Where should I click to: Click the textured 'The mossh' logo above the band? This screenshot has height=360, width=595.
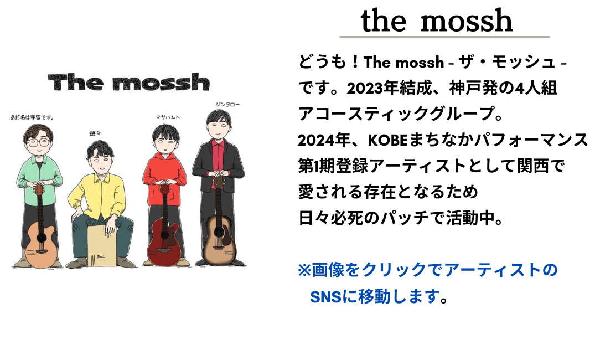click(x=129, y=82)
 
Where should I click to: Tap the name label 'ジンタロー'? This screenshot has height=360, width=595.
click(x=227, y=105)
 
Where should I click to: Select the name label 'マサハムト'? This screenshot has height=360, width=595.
click(x=167, y=117)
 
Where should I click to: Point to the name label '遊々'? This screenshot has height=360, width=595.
click(x=95, y=133)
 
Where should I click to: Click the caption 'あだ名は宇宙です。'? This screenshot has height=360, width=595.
click(x=32, y=117)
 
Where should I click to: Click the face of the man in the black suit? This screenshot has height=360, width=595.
click(x=219, y=127)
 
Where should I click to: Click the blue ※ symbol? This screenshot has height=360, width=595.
click(x=304, y=270)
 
